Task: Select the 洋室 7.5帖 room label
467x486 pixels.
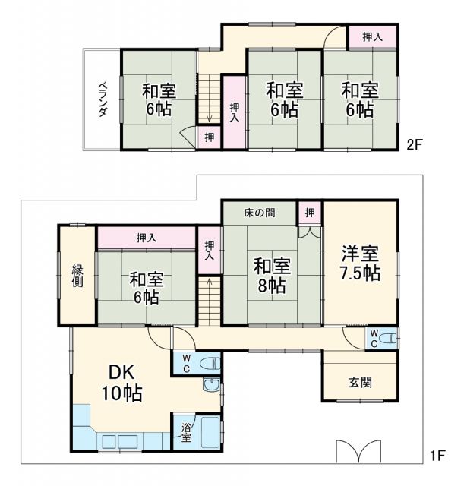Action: [360, 264]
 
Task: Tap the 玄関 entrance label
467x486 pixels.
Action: [360, 383]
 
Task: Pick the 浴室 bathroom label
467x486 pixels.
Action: [186, 433]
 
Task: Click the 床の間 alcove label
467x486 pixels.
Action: [260, 213]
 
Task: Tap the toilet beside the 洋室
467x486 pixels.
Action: [387, 338]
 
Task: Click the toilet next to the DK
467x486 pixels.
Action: [210, 364]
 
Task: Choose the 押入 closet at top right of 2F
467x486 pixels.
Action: [372, 36]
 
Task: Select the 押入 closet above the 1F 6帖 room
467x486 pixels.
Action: [147, 238]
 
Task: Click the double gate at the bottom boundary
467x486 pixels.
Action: [358, 450]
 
